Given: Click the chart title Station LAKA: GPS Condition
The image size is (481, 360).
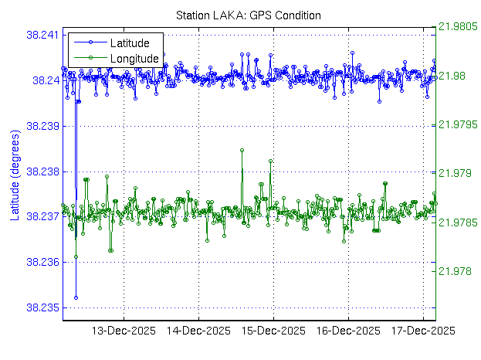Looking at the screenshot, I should pyautogui.click(x=249, y=15).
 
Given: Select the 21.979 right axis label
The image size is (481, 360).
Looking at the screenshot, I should pyautogui.click(x=456, y=173).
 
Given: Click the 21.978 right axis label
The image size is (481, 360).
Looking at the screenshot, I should pyautogui.click(x=456, y=271).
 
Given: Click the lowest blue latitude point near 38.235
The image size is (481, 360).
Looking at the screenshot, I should pyautogui.click(x=76, y=297).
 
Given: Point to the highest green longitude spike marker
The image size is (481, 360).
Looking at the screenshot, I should pyautogui.click(x=242, y=150).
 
